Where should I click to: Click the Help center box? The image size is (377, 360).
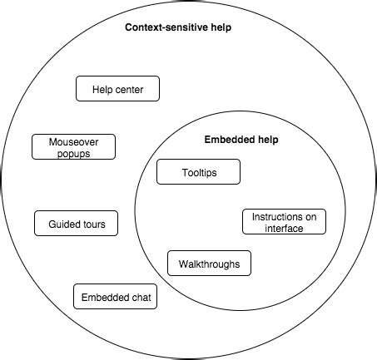tap(117, 89)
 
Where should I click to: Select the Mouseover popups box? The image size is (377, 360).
tap(73, 147)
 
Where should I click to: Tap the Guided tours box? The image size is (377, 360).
tap(76, 224)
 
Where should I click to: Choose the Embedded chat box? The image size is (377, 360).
tap(115, 296)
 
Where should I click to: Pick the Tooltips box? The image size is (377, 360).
tap(198, 172)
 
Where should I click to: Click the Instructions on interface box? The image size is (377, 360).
tap(284, 222)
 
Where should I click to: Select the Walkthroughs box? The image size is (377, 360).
tap(209, 264)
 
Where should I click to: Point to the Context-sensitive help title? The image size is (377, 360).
tap(178, 27)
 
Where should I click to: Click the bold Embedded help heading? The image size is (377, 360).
tap(241, 140)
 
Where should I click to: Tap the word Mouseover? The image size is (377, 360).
tap(73, 142)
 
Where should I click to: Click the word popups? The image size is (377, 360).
tap(73, 153)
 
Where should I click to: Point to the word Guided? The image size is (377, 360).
tap(64, 224)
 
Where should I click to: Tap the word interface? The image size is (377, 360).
tap(284, 228)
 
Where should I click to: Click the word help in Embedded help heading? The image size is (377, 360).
tap(266, 140)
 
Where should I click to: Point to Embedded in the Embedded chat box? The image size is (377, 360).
tap(104, 296)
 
